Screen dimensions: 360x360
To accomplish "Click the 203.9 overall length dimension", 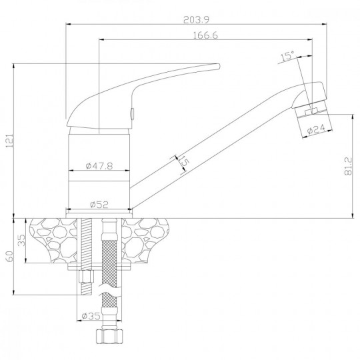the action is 196,20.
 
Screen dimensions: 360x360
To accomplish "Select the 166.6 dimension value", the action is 205,35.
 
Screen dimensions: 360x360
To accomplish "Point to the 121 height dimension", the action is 9,140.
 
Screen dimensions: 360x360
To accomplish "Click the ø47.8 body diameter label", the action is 99,166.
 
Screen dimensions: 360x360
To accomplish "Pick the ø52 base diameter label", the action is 99,205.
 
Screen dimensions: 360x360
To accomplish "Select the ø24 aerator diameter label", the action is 317,129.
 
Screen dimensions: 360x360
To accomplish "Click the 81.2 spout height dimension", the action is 348,166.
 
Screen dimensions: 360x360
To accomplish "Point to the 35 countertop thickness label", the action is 22,240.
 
